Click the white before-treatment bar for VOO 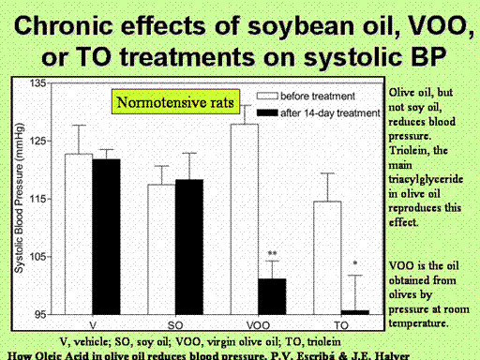pyautogui.click(x=245, y=219)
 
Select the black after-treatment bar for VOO pyautogui.click(x=272, y=296)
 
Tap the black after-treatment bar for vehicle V pyautogui.click(x=106, y=236)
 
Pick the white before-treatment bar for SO pyautogui.click(x=161, y=249)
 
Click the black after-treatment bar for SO pyautogui.click(x=189, y=247)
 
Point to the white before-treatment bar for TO pyautogui.click(x=327, y=258)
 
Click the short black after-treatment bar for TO pyautogui.click(x=355, y=312)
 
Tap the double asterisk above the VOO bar pyautogui.click(x=272, y=253)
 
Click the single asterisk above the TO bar pyautogui.click(x=355, y=263)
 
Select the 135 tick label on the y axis pyautogui.click(x=37, y=83)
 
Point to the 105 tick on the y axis pyautogui.click(x=37, y=257)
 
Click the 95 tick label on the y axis pyautogui.click(x=40, y=314)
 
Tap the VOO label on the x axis pyautogui.click(x=258, y=325)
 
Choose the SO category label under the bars pyautogui.click(x=175, y=325)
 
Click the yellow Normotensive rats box pyautogui.click(x=175, y=102)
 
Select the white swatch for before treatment pyautogui.click(x=267, y=96)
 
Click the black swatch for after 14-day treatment pyautogui.click(x=267, y=112)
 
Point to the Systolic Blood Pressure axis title pyautogui.click(x=19, y=198)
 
